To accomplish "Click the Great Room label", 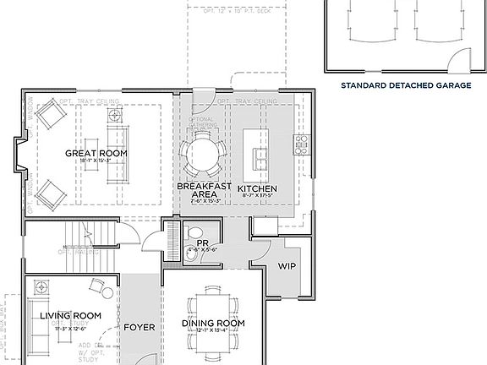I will pos(96,153).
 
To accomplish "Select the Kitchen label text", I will pos(258,188).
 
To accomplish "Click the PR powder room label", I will pos(202,241).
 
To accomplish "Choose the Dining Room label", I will pos(213,324).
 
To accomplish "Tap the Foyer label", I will pos(139,327).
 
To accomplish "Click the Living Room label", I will pos(71,316).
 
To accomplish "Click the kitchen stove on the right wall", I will pos(300,144).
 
